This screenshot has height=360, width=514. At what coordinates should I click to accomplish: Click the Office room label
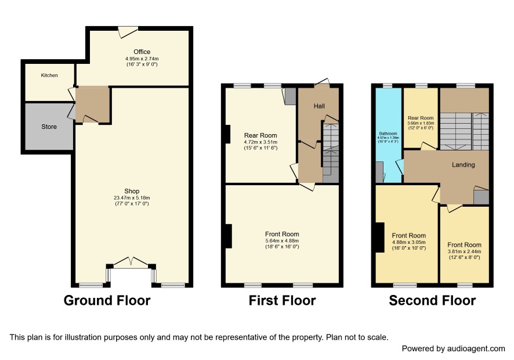coord(142,52)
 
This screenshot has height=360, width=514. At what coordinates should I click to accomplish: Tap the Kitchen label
coord(49,75)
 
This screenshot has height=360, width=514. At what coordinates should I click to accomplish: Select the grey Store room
coord(49,127)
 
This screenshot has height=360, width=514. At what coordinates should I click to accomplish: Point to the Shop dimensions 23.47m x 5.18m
coord(132,198)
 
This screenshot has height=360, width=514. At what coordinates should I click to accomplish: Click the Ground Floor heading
coord(107,300)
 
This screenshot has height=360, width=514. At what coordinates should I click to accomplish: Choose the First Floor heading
coord(282,300)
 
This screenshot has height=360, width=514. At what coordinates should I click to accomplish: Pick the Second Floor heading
coord(432,300)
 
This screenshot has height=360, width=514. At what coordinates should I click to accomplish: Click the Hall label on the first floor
coord(319,106)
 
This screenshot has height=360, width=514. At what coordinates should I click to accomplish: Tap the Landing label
coord(463,165)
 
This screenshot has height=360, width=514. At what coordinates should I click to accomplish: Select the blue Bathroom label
coord(388,134)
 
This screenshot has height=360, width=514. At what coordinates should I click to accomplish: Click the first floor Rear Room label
coord(260,135)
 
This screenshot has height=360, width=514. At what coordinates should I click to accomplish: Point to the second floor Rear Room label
coord(421,118)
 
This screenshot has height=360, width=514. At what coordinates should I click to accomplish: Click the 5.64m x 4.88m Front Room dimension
coord(282,240)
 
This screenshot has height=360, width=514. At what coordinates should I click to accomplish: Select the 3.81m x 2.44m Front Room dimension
coord(464,251)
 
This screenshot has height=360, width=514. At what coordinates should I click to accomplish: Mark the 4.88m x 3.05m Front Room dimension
coord(409,242)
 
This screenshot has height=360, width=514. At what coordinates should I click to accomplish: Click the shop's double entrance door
coord(131,262)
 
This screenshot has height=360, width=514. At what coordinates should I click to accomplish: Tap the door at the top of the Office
coord(128,32)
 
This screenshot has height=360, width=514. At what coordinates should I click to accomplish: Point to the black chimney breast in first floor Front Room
coord(229,236)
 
